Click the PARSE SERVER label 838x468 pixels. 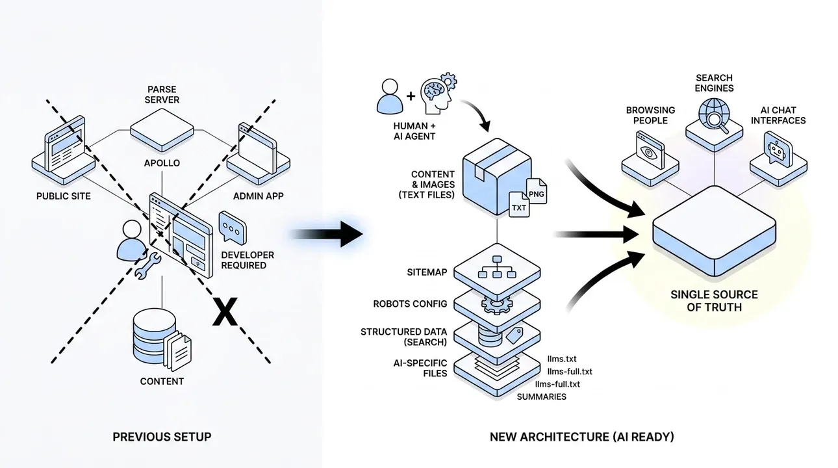click(x=162, y=94)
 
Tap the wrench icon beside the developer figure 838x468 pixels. click(x=147, y=265)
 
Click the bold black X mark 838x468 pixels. click(x=225, y=312)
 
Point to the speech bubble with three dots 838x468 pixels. click(x=233, y=227)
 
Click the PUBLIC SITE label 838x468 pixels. click(x=64, y=196)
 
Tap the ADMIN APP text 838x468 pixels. click(x=259, y=196)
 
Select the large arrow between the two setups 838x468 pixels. click(x=327, y=234)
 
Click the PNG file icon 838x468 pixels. click(x=537, y=191)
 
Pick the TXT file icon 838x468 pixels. click(x=519, y=204)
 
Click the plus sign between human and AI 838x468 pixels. click(x=411, y=96)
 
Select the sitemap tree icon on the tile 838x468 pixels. click(x=497, y=267)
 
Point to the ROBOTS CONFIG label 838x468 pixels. click(x=410, y=304)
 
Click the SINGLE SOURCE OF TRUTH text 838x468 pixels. click(x=714, y=301)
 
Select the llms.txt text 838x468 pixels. click(x=562, y=359)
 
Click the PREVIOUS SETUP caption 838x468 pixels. click(x=162, y=437)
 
